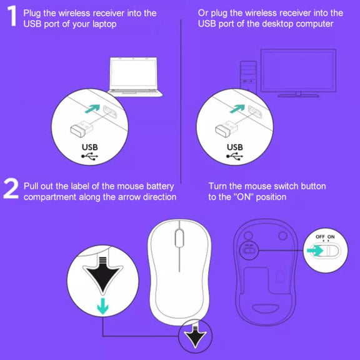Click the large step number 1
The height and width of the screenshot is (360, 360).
[12, 16]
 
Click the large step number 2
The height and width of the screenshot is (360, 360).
[11, 189]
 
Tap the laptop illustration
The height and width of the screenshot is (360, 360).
[135, 77]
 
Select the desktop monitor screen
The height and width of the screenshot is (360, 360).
[298, 71]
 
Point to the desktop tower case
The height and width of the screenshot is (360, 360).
[248, 75]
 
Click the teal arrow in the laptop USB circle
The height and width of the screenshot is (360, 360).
[92, 109]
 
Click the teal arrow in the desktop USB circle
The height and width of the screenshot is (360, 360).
[237, 109]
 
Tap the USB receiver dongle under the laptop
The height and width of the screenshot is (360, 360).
[81, 129]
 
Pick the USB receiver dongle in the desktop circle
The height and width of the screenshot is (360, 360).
[227, 129]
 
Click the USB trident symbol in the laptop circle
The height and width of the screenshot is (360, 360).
[89, 157]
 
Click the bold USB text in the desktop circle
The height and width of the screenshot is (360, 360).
[235, 147]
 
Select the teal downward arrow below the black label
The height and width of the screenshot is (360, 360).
[102, 306]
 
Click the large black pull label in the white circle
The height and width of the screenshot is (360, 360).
[102, 275]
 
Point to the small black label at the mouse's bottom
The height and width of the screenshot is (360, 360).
[195, 336]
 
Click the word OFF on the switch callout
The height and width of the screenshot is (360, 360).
[320, 237]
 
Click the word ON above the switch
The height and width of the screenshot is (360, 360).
[331, 237]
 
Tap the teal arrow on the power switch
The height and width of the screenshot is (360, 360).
[315, 251]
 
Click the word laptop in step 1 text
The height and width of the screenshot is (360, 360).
[104, 24]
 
